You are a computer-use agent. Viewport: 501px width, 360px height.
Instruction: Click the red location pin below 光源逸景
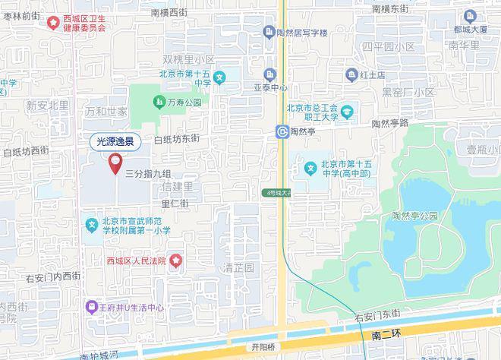point(115,162)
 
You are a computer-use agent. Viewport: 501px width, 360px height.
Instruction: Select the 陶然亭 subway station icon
point(282,131)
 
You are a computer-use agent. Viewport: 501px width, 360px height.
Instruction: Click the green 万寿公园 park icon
point(159,102)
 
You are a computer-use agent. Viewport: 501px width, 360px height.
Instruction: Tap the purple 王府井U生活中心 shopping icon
point(91,308)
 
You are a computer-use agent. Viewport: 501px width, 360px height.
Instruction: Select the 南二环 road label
point(388,335)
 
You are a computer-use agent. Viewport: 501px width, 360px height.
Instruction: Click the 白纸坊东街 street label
point(176,139)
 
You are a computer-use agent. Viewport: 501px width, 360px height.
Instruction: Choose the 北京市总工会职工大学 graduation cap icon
point(348,113)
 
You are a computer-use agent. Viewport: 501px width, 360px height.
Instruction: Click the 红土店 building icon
point(351,75)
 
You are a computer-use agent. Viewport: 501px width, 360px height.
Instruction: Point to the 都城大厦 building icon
point(469,15)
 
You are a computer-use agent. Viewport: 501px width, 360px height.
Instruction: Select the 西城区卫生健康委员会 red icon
point(52,22)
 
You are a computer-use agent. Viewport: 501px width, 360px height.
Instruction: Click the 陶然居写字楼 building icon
point(269,31)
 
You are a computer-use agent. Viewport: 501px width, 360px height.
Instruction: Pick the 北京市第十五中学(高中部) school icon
point(310,168)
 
